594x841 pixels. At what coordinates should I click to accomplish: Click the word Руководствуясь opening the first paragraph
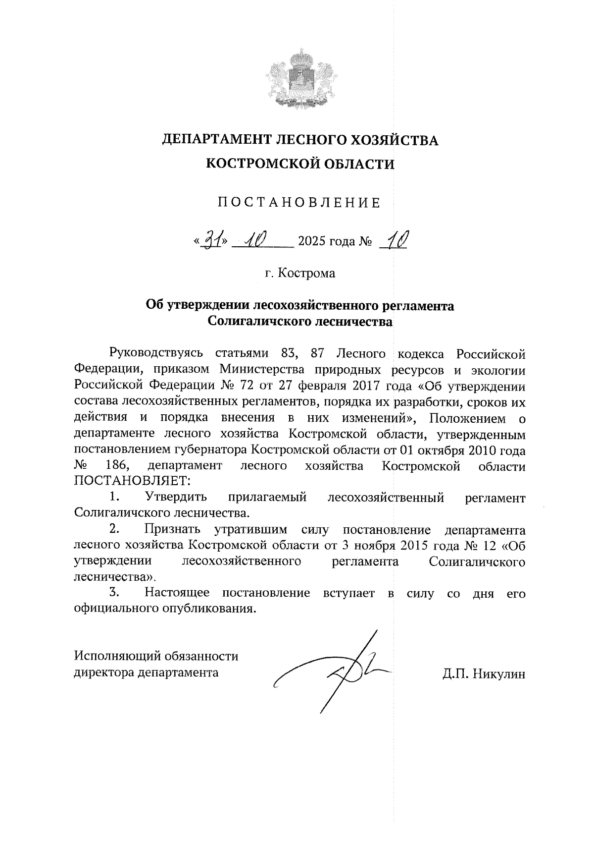(156, 353)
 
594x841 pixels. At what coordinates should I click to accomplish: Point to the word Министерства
(270, 370)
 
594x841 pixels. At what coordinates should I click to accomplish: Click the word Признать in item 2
(175, 529)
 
